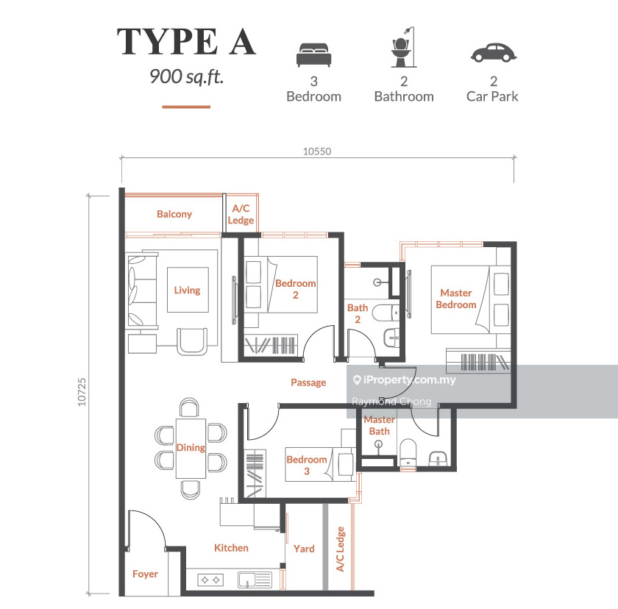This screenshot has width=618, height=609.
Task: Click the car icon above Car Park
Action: (x=494, y=53)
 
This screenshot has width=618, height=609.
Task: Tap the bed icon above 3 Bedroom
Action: (x=313, y=54)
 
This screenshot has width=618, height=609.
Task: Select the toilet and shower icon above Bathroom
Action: (x=404, y=47)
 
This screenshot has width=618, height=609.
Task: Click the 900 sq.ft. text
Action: (x=186, y=76)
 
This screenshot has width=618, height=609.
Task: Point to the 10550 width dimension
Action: (x=317, y=152)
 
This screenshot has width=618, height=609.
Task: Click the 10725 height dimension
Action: (x=82, y=392)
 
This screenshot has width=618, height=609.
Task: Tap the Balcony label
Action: (x=174, y=214)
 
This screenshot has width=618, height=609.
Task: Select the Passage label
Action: (x=308, y=382)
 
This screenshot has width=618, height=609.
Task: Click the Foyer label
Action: (x=145, y=574)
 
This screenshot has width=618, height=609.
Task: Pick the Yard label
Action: (x=304, y=549)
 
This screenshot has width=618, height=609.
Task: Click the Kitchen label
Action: (x=231, y=548)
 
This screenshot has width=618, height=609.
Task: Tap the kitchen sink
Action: (x=255, y=580)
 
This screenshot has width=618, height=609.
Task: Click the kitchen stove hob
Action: (x=210, y=580)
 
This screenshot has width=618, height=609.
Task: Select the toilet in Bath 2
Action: (x=386, y=313)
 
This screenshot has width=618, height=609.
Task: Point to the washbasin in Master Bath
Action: (x=438, y=459)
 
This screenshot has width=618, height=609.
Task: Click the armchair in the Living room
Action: (x=192, y=341)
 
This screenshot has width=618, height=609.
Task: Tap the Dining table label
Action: (x=191, y=447)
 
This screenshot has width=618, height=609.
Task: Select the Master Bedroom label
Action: (x=456, y=299)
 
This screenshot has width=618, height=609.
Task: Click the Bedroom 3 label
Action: (x=307, y=466)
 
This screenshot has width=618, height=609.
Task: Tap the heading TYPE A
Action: (x=186, y=41)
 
